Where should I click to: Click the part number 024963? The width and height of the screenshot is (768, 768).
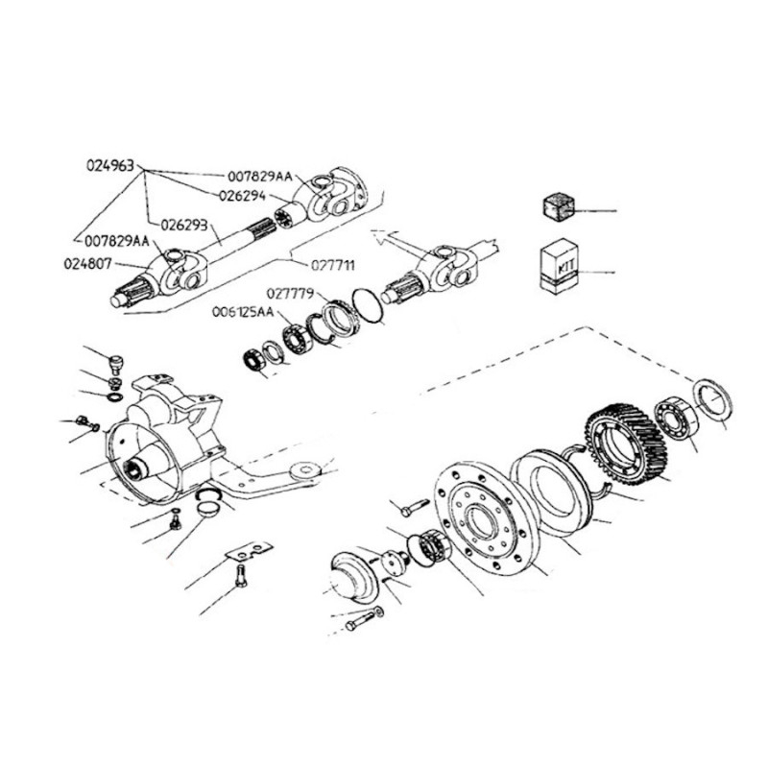(x=110, y=165)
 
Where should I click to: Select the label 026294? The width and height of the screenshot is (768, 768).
(x=243, y=196)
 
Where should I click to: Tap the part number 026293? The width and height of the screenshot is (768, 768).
(x=184, y=226)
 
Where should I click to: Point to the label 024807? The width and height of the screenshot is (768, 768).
(x=88, y=264)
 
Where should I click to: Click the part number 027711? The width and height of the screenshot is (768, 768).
(x=333, y=265)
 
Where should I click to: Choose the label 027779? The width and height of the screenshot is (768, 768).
(x=291, y=294)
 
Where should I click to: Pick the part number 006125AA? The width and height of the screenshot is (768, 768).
(x=244, y=312)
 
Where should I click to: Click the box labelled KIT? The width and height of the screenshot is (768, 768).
(x=560, y=267)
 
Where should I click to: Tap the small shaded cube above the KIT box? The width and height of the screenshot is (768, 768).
(x=560, y=207)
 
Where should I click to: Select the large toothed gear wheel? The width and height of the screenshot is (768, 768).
(x=627, y=444)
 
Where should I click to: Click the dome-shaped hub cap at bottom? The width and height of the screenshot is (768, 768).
(x=351, y=578)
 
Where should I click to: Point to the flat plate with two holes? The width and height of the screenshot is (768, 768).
(x=250, y=551)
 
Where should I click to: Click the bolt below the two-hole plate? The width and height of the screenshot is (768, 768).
(x=241, y=576)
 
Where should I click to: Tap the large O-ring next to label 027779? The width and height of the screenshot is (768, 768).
(x=368, y=305)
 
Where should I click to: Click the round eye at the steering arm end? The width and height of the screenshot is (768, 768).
(x=306, y=470)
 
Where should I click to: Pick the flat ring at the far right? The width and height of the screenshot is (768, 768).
(x=713, y=398)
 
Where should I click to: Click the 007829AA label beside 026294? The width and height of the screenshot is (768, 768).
(x=260, y=176)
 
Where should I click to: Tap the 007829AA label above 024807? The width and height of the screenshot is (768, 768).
(x=117, y=241)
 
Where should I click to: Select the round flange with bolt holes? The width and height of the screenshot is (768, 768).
(x=484, y=518)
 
